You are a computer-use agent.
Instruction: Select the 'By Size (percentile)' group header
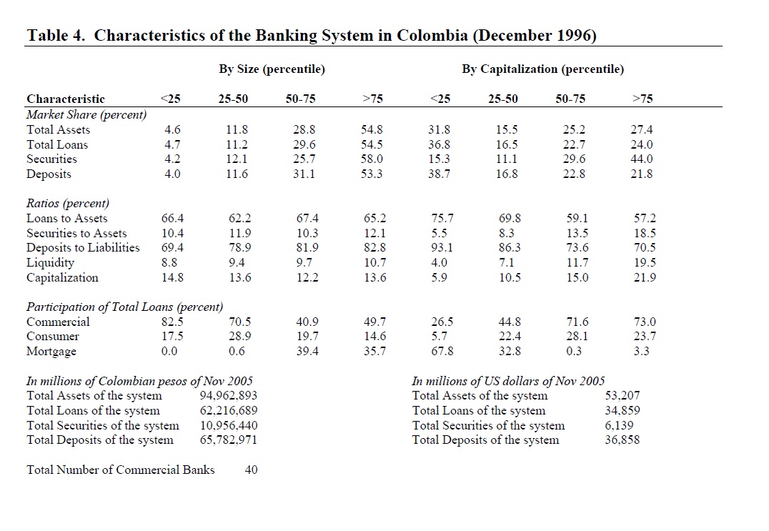tap(272, 69)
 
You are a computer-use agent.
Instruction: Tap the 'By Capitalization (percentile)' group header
tap(542, 69)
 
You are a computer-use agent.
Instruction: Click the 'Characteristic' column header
tap(66, 99)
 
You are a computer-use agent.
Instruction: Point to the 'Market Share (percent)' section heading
tap(86, 114)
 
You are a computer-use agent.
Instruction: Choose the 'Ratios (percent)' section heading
tap(68, 204)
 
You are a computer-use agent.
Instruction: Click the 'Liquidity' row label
tap(50, 263)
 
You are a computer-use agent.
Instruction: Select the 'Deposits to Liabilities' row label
tap(83, 248)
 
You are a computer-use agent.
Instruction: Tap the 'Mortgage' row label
tap(51, 352)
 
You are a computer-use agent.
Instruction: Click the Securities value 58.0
tap(372, 159)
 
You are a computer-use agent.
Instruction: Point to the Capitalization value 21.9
tap(644, 278)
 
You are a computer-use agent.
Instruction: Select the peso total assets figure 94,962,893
tap(229, 396)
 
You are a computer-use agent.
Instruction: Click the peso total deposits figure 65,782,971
tap(229, 440)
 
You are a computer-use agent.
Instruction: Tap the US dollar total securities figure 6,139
tap(619, 425)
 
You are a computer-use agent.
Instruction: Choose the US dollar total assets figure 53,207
tap(622, 396)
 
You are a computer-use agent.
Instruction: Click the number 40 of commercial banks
tap(252, 470)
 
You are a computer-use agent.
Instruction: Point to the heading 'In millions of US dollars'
tap(508, 381)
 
